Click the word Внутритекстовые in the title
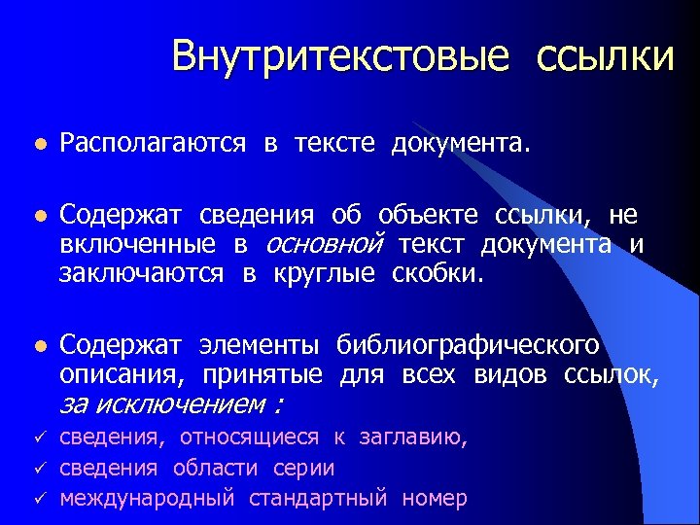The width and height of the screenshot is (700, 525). (x=340, y=56)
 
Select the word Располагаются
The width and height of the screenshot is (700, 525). (x=153, y=145)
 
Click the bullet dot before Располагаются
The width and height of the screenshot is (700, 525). (x=38, y=145)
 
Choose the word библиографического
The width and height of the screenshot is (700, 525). (x=468, y=345)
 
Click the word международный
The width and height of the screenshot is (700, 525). (x=147, y=499)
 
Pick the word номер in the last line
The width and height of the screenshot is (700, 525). (x=434, y=499)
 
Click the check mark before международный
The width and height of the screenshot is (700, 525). (x=38, y=498)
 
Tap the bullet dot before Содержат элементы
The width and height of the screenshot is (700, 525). (x=38, y=346)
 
